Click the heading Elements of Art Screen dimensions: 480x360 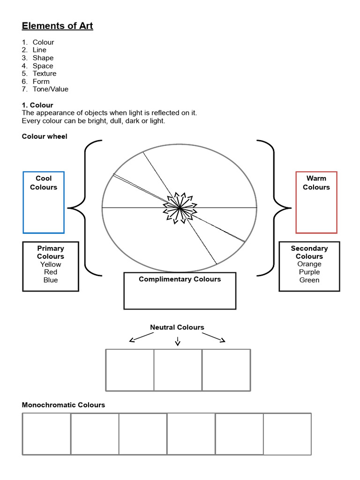click(x=58, y=26)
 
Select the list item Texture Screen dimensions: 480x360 click(x=45, y=74)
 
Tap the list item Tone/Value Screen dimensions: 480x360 click(x=50, y=89)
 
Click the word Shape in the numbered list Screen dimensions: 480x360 click(x=43, y=58)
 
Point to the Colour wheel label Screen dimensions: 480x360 click(x=45, y=136)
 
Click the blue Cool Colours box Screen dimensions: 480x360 click(x=44, y=202)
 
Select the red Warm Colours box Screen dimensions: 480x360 click(x=316, y=202)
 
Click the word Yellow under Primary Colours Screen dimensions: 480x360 click(x=51, y=264)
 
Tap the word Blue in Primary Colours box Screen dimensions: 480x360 click(x=51, y=280)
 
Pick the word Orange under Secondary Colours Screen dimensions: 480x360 click(x=309, y=264)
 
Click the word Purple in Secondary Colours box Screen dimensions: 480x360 click(x=309, y=272)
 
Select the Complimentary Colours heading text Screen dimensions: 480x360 click(x=180, y=279)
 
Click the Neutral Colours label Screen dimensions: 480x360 click(x=177, y=327)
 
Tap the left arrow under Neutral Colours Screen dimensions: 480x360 click(x=141, y=337)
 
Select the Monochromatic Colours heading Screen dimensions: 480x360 click(x=64, y=405)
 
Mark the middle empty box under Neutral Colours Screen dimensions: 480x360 click(x=178, y=370)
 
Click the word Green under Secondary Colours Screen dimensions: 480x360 click(x=309, y=280)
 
